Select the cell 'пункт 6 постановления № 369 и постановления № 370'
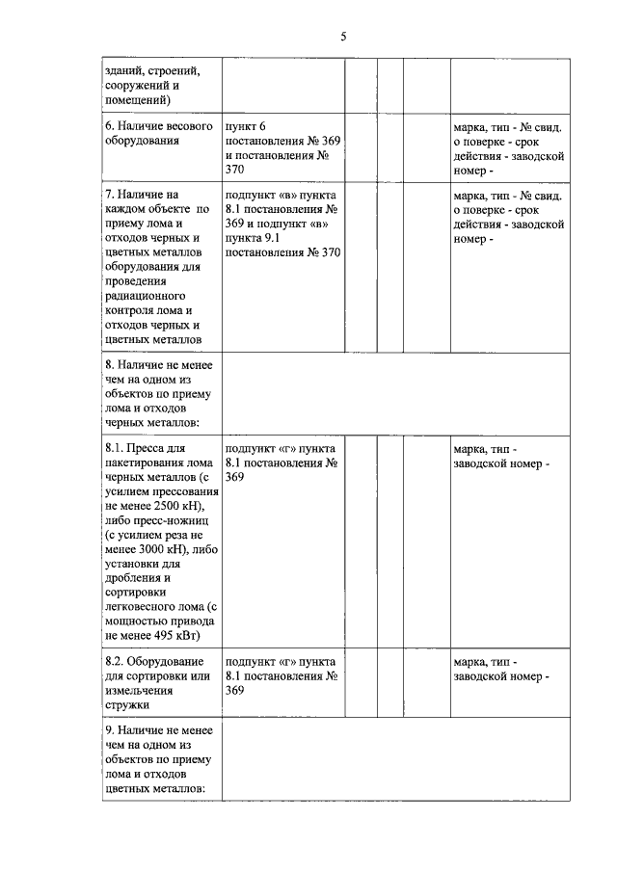[282, 147]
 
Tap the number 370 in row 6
[235, 169]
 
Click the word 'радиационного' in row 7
[145, 296]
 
